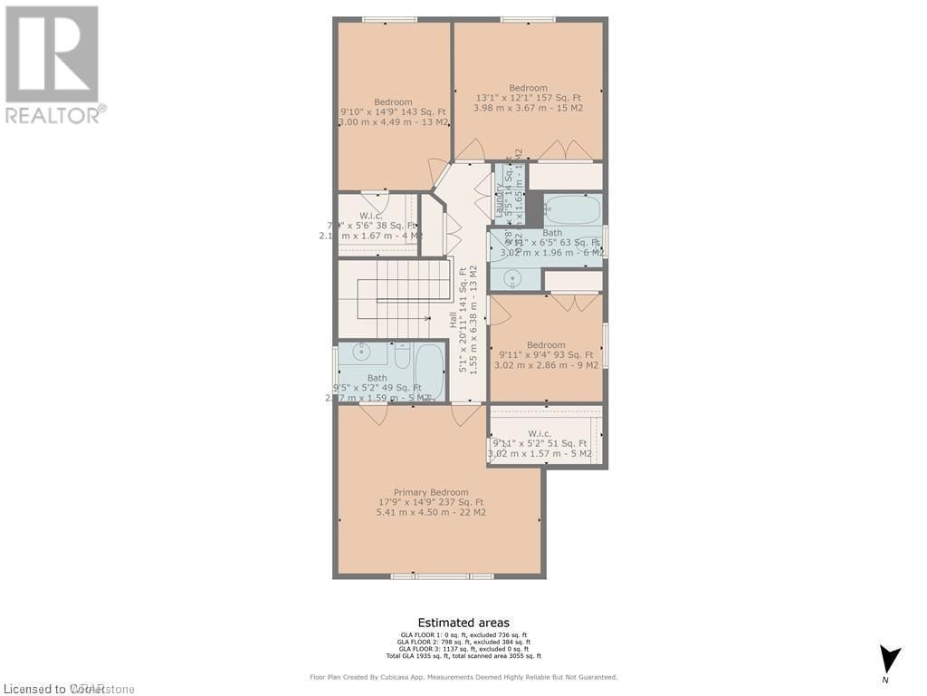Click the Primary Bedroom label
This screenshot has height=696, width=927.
click(x=431, y=492)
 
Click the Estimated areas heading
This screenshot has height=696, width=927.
click(x=463, y=623)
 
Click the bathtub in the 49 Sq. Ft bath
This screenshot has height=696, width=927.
click(x=429, y=372)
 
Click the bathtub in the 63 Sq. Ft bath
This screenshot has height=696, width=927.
click(x=571, y=211)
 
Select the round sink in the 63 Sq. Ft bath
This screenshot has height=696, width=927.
click(x=504, y=278)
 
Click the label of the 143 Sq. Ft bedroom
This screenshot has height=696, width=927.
click(x=393, y=102)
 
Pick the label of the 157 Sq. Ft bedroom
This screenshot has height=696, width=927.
click(x=528, y=88)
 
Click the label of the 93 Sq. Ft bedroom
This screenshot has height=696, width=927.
click(x=546, y=345)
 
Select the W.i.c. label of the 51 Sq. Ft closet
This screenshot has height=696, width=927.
click(x=540, y=433)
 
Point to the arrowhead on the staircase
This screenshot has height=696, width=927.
click(x=426, y=318)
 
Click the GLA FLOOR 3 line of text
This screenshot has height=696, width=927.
click(x=463, y=649)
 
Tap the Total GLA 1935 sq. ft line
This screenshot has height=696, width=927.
click(x=463, y=656)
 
